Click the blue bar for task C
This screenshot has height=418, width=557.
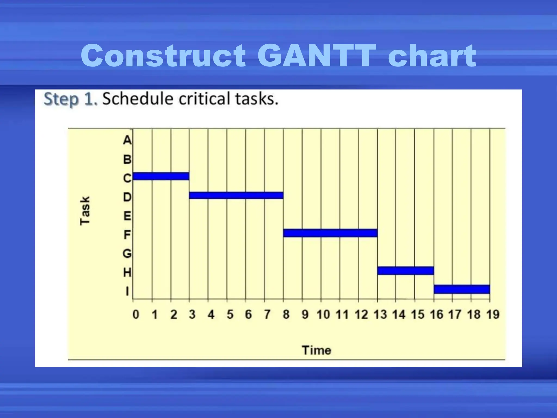pyautogui.click(x=161, y=176)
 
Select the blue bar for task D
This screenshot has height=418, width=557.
pyautogui.click(x=236, y=195)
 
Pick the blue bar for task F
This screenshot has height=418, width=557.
pyautogui.click(x=330, y=233)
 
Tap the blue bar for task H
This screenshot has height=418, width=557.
pyautogui.click(x=405, y=271)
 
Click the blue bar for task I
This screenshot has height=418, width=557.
pyautogui.click(x=462, y=289)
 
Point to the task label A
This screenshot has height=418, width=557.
pyautogui.click(x=127, y=140)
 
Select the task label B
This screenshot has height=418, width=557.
pyautogui.click(x=127, y=159)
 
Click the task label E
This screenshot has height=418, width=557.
pyautogui.click(x=127, y=216)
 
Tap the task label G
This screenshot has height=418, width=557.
pyautogui.click(x=127, y=254)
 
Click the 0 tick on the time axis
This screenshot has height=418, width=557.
pyautogui.click(x=136, y=315)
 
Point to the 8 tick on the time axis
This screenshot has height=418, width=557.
pyautogui.click(x=286, y=315)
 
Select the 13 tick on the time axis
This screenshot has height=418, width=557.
pyautogui.click(x=380, y=315)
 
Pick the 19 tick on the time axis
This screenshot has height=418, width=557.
pyautogui.click(x=493, y=315)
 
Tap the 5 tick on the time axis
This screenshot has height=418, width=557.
pyautogui.click(x=230, y=315)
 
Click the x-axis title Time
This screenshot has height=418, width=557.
pyautogui.click(x=317, y=350)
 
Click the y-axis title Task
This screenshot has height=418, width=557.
pyautogui.click(x=85, y=210)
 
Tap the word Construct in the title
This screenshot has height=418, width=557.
pyautogui.click(x=163, y=56)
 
